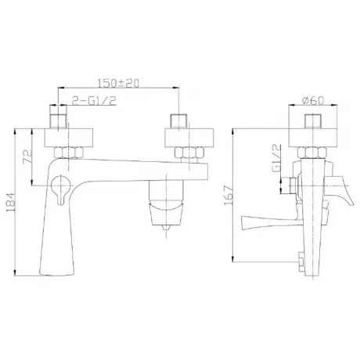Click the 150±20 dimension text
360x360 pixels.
[118, 82]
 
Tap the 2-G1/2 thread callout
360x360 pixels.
[94, 101]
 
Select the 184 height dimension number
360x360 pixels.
[9, 202]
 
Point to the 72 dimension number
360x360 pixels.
[27, 157]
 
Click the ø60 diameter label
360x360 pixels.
[312, 100]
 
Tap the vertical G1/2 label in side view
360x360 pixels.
[276, 158]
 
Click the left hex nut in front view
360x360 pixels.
[69, 153]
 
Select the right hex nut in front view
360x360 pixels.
[189, 153]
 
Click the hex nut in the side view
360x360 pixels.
[312, 153]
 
